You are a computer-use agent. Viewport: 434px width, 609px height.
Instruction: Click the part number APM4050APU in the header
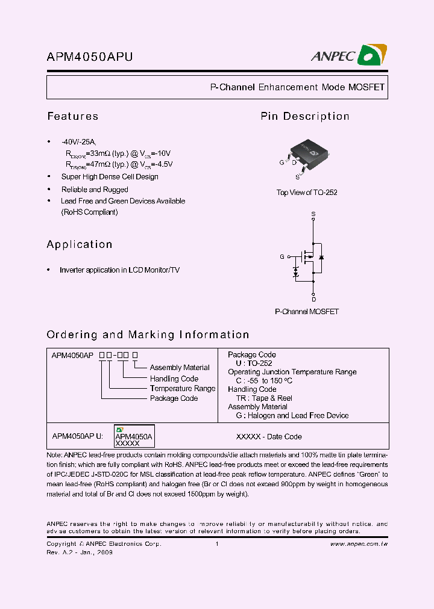[90, 57]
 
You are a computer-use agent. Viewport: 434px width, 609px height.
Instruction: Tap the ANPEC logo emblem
[372, 55]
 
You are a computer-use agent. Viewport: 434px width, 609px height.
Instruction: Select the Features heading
[72, 116]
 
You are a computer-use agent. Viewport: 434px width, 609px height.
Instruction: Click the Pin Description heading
[304, 116]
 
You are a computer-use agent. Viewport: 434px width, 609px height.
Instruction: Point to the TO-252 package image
[306, 153]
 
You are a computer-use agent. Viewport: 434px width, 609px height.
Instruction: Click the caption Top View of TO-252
[306, 193]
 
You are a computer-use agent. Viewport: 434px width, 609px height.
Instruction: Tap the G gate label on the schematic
[281, 257]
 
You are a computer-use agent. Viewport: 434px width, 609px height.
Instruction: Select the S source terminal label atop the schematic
[313, 214]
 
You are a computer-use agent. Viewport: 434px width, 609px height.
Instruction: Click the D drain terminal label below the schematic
[313, 299]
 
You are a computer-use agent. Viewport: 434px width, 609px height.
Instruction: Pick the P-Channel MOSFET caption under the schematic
[306, 312]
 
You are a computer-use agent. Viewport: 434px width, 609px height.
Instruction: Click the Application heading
[80, 244]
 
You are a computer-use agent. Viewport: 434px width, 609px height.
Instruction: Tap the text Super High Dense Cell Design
[110, 177]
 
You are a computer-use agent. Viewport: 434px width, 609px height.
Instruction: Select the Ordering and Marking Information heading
[148, 335]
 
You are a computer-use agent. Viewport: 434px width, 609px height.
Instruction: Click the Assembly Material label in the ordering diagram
[180, 368]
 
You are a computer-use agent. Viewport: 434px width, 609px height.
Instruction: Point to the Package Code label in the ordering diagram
[174, 398]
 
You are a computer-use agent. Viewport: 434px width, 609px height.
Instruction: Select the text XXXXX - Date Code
[269, 437]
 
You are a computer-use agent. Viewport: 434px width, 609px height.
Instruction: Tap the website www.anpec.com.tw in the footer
[359, 544]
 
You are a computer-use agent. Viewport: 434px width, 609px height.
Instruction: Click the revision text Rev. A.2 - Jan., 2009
[80, 552]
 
